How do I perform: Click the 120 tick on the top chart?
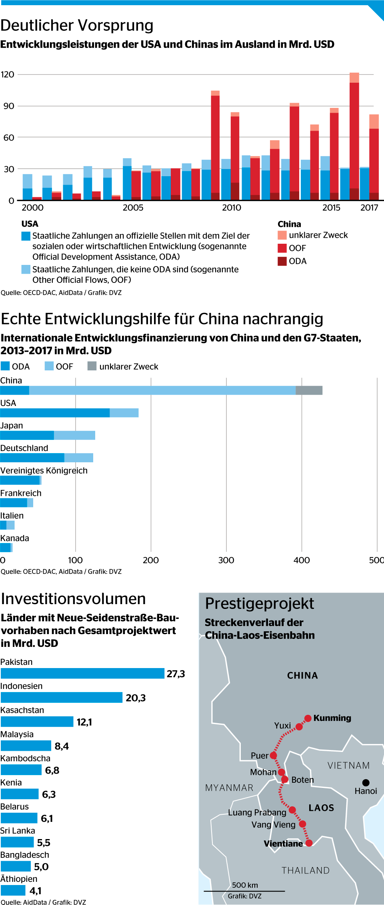click(8, 74)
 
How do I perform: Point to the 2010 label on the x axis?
click(232, 207)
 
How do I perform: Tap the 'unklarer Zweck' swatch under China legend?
click(282, 235)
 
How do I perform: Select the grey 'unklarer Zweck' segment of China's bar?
click(309, 390)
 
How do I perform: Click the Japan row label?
click(12, 426)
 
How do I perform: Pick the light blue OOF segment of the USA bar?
click(124, 413)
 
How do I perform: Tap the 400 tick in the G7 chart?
click(302, 560)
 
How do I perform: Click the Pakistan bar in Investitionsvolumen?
click(82, 673)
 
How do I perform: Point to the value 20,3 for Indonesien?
click(136, 698)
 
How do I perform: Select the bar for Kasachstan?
click(37, 722)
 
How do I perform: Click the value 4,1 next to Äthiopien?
click(36, 891)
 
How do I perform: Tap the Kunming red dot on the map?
click(308, 718)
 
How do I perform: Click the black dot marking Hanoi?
click(366, 783)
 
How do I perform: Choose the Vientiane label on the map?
click(283, 843)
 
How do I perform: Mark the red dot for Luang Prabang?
click(292, 810)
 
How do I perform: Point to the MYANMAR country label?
click(229, 788)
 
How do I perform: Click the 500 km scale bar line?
click(244, 891)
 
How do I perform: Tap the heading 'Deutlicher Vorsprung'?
click(77, 25)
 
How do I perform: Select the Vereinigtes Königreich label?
click(44, 470)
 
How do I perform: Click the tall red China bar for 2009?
click(215, 144)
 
